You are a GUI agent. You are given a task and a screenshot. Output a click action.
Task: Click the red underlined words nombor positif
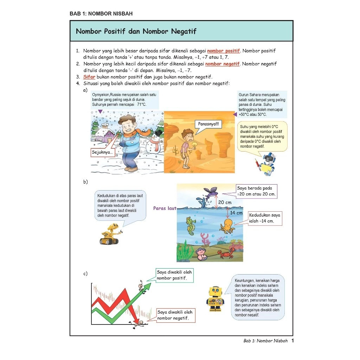223,51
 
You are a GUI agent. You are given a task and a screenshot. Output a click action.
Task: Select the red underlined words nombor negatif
222,64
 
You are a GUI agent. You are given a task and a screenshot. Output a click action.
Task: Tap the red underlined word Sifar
89,77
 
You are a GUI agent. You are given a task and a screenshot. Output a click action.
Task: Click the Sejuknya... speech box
102,153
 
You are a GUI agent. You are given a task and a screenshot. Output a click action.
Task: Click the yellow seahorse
191,226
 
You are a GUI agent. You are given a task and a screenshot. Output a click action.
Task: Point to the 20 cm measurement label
225,202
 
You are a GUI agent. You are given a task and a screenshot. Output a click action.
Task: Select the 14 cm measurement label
236,213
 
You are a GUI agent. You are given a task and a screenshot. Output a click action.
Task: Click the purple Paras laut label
165,208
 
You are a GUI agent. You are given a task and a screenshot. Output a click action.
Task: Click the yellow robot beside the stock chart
215,298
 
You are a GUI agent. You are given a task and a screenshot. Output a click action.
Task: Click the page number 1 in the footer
292,341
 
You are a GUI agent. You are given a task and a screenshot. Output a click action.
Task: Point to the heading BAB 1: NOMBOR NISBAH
101,14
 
